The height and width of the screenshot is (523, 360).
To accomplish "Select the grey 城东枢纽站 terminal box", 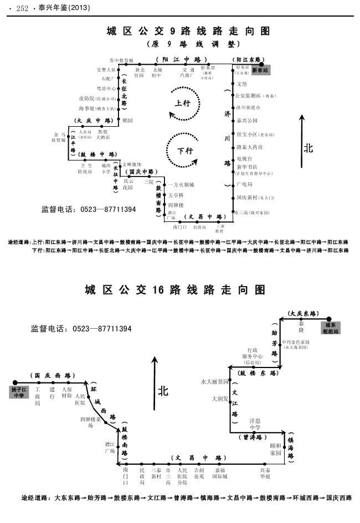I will (332, 328).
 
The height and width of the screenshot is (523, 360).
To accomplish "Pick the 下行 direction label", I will (185, 151).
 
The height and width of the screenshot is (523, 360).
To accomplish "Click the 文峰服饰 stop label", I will (132, 164).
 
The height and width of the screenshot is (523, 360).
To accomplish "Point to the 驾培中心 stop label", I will (106, 89).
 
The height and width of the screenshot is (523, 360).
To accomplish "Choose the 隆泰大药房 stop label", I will (249, 147).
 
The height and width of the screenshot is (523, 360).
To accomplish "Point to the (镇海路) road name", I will (290, 445).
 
